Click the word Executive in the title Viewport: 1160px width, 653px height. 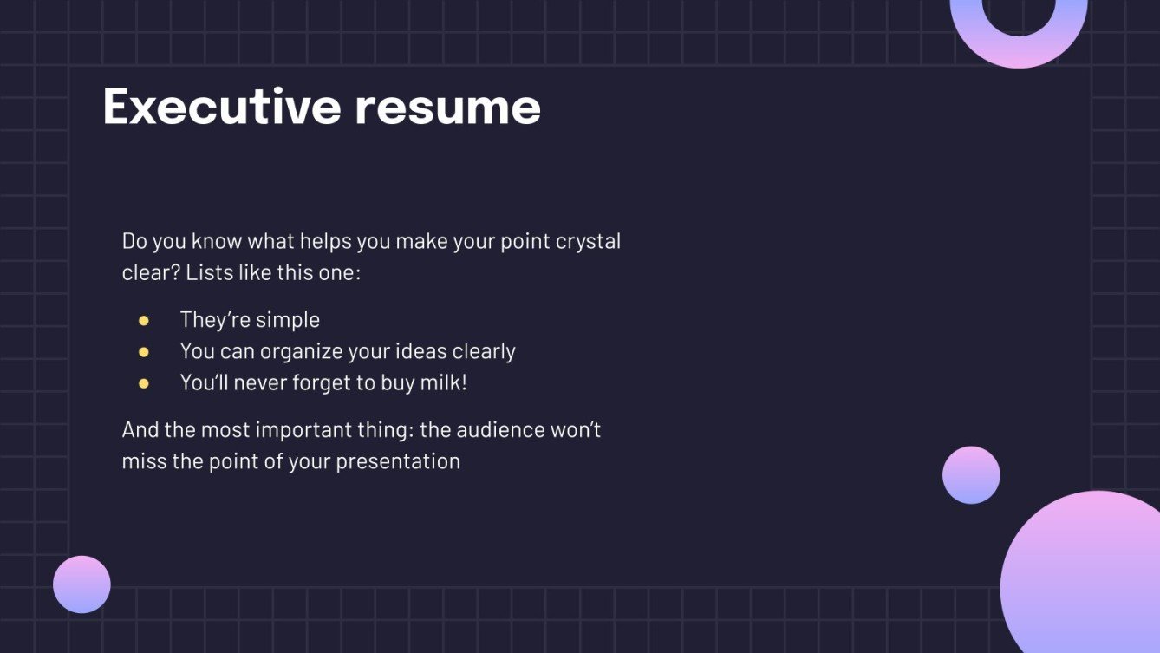pyautogui.click(x=222, y=106)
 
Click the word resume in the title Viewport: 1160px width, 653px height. pyautogui.click(x=448, y=108)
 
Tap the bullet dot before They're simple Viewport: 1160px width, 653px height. pyautogui.click(x=144, y=321)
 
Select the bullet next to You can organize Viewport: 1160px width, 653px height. pyautogui.click(x=144, y=353)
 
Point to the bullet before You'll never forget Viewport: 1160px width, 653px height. pyautogui.click(x=144, y=384)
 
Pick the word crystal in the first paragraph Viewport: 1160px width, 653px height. pyautogui.click(x=588, y=242)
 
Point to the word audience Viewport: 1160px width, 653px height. pyautogui.click(x=500, y=430)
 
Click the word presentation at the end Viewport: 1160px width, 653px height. pyautogui.click(x=398, y=462)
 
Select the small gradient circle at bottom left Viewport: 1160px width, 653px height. pyautogui.click(x=81, y=584)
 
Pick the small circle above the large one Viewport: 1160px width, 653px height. pyautogui.click(x=971, y=475)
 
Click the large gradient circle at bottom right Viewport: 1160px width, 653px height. pyautogui.click(x=1082, y=575)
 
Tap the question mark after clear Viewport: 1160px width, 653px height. pyautogui.click(x=175, y=273)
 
